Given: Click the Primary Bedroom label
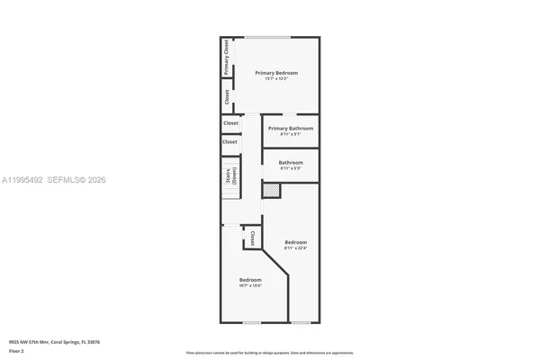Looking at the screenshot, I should coord(275,73).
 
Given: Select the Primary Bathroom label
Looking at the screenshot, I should coord(291,129).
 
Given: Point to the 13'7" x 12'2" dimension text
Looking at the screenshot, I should coord(275,80).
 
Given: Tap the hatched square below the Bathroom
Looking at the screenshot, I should coord(270,190).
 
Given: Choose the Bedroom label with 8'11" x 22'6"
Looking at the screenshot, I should coord(296,242).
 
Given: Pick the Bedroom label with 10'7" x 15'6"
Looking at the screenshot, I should coord(250,280).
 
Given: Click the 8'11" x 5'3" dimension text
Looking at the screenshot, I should coord(291,168).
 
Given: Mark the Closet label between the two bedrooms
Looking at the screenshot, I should coord(252,238).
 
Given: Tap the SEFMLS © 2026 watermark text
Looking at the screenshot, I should coord(83,180).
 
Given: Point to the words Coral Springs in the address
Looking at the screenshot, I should coord(66,342).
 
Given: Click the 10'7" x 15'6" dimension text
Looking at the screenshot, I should coord(250,286).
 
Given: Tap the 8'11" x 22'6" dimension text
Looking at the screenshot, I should coord(296,248).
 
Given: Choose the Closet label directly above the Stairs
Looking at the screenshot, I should coord(230,141).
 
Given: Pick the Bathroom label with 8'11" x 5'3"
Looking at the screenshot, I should coord(291,162).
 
